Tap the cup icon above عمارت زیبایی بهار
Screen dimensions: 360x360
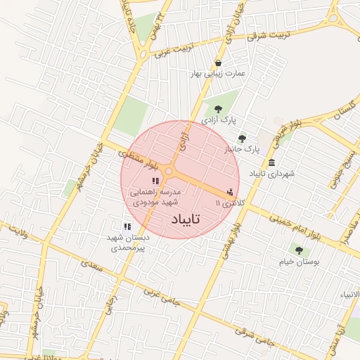(219, 60)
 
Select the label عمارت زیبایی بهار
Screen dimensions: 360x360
(219, 72)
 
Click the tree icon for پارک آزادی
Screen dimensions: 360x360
(217, 108)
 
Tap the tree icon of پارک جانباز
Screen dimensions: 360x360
(243, 139)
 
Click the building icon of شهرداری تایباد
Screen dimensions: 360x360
(271, 162)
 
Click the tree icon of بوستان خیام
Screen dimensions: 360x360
(300, 250)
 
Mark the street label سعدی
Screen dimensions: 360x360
(96, 269)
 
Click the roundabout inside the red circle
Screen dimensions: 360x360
(169, 171)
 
